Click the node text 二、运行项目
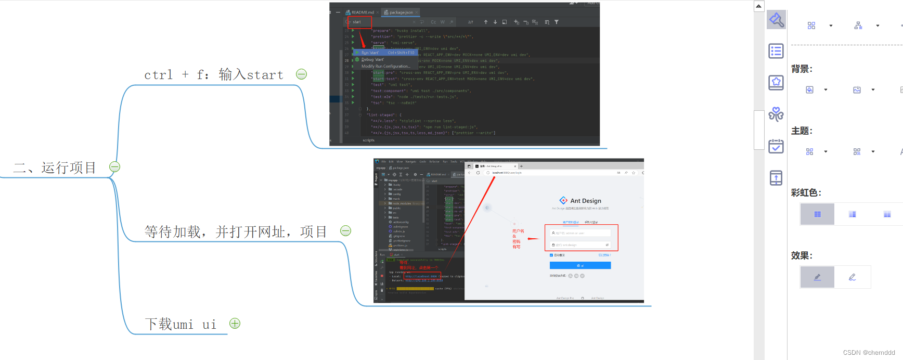(x=55, y=168)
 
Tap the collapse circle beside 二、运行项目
(x=115, y=167)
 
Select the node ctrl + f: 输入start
(x=214, y=75)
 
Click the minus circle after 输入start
(x=301, y=74)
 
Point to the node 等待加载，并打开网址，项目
(x=236, y=232)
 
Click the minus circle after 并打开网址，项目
(x=345, y=231)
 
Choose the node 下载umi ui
(x=180, y=324)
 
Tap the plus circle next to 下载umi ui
(x=235, y=324)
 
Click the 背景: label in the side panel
(x=802, y=69)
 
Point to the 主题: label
(x=802, y=131)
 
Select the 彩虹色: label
(x=806, y=193)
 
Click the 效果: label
(x=802, y=255)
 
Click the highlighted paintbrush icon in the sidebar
(x=776, y=20)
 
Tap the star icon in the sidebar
(x=776, y=82)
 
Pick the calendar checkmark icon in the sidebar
(x=776, y=146)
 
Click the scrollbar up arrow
(x=759, y=6)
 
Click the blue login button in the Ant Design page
(x=580, y=265)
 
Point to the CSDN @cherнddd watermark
(x=869, y=353)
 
